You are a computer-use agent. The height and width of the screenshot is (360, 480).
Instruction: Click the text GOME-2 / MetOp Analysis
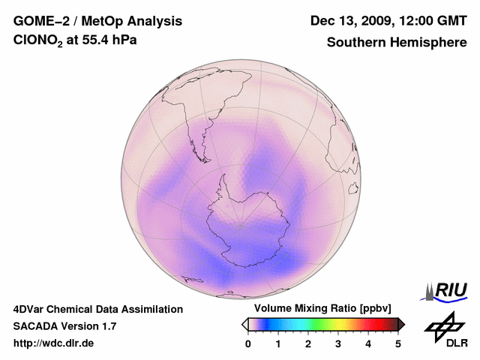pos(97,21)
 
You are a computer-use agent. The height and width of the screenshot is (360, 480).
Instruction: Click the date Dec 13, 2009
pos(352,21)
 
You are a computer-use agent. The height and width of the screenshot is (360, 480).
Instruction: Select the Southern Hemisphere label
pos(396,43)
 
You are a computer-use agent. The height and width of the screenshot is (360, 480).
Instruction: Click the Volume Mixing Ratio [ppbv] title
pos(322,309)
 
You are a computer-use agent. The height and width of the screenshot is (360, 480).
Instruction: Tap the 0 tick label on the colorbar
pos(248,343)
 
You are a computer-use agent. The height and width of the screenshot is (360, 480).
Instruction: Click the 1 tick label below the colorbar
pos(278,343)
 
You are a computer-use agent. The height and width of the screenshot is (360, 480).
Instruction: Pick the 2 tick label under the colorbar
pos(308,343)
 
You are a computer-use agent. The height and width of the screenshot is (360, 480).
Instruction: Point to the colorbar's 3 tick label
pos(338,343)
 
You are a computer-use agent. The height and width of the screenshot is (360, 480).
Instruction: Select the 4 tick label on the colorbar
pos(368,343)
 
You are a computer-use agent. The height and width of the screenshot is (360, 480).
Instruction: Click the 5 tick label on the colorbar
pos(398,343)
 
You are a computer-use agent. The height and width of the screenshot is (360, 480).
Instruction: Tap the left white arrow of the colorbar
pos(244,324)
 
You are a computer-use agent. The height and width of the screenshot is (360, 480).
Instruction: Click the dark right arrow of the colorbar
pos(401,324)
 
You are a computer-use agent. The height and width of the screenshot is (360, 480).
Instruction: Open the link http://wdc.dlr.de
pos(54,343)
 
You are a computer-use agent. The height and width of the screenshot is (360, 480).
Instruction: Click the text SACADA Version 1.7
pos(64,326)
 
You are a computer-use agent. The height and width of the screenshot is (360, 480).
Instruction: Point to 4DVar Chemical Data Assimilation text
pos(98,309)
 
